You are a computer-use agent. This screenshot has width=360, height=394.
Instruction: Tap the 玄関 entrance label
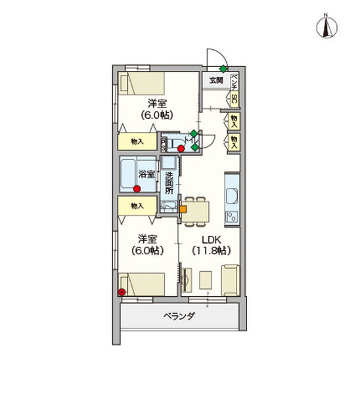tap(215, 80)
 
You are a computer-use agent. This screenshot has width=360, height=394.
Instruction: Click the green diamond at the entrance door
tap(223, 68)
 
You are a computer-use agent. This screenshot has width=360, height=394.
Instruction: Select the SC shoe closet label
tap(234, 98)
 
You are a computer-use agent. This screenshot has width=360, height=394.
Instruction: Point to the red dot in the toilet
tap(181, 148)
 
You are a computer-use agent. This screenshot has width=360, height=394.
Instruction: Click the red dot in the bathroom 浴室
tap(137, 189)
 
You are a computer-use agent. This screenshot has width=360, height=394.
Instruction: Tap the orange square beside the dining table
tap(183, 210)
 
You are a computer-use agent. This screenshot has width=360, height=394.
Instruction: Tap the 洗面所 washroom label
tap(169, 183)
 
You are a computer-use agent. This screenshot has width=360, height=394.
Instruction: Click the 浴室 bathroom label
tap(146, 174)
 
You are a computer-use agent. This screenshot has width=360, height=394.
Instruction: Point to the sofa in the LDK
tap(230, 280)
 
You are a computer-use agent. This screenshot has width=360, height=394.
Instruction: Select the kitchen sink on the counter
tap(233, 196)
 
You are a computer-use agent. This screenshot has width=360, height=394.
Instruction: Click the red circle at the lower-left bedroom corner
tap(122, 292)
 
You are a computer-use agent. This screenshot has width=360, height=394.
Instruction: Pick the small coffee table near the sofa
tap(205, 280)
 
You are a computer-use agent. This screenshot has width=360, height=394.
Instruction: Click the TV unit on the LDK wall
tap(185, 281)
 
